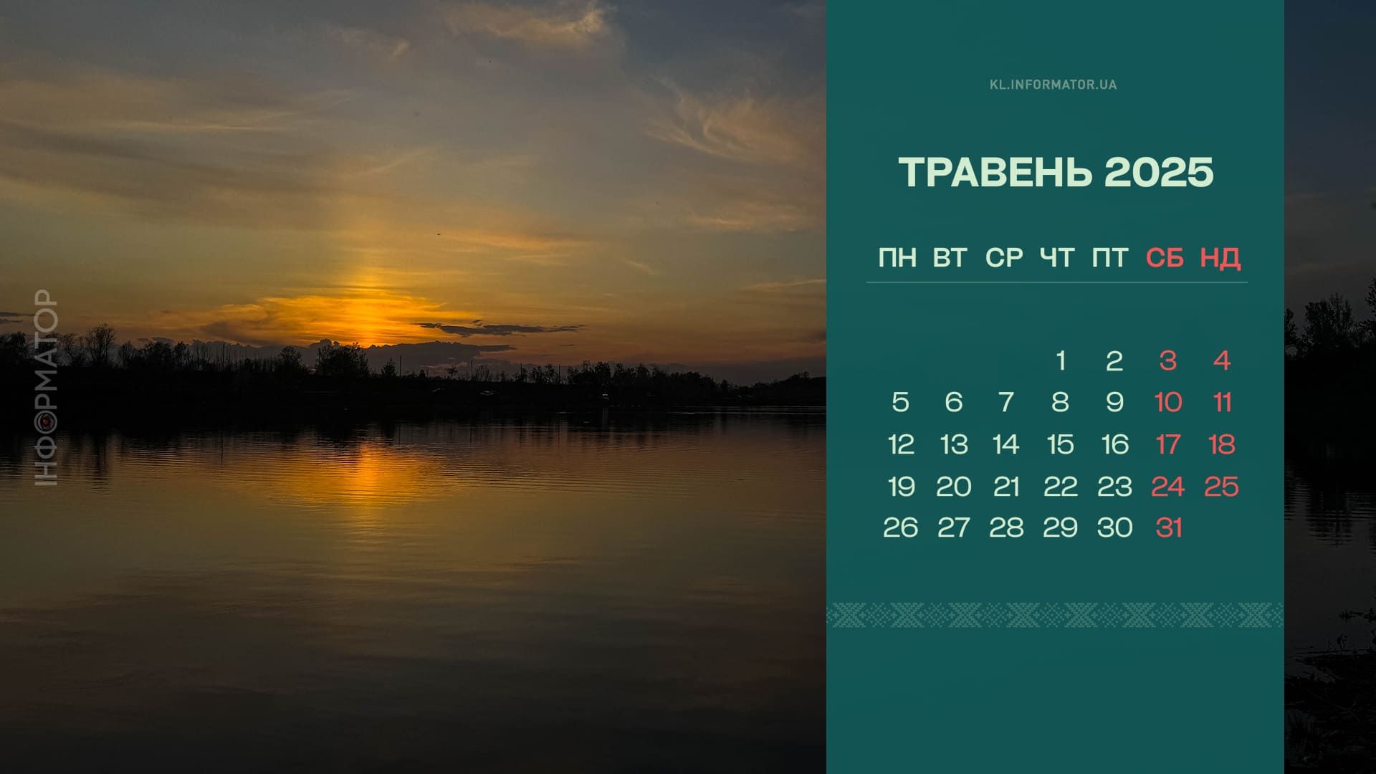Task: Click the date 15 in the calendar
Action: (1060, 445)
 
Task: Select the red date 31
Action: (1168, 528)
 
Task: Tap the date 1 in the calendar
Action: (1061, 360)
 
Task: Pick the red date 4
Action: (1222, 360)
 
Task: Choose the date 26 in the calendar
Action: (900, 528)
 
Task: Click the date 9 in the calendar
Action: (1114, 402)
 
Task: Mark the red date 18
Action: (1222, 445)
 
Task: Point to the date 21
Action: (1006, 487)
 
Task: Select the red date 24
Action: (1168, 487)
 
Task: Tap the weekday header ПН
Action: (897, 258)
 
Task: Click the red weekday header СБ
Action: (1165, 258)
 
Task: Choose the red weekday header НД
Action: (1220, 258)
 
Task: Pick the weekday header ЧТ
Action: (1057, 258)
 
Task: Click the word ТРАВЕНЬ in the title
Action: (996, 173)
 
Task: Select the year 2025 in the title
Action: (1159, 173)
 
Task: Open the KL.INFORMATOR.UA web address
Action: (1053, 85)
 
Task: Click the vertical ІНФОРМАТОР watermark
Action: (47, 388)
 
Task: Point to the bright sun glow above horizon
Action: (365, 315)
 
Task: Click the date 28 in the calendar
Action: (1006, 528)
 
